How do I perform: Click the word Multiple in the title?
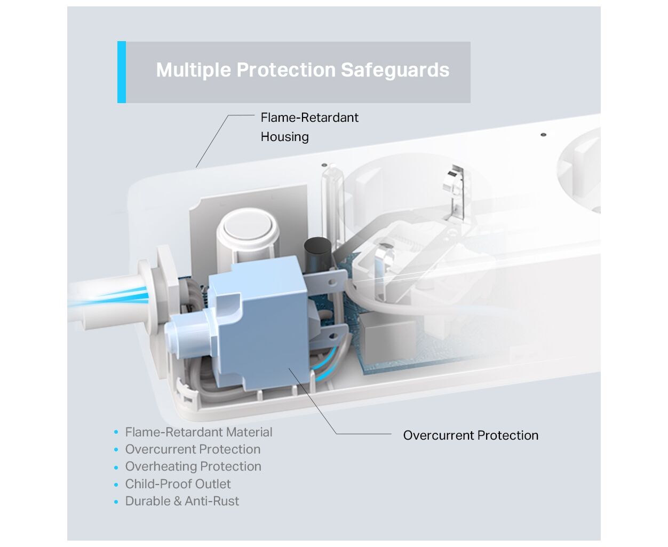pos(193,70)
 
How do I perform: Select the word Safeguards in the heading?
pos(395,70)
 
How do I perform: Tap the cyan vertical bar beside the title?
pos(122,72)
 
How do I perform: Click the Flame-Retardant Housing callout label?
pos(309,127)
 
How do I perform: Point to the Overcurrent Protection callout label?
pos(471,435)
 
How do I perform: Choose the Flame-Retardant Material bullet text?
pos(198,432)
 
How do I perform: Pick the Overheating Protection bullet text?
pos(193,466)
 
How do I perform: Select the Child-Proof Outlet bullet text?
pos(178,484)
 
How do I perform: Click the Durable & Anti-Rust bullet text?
pos(182,501)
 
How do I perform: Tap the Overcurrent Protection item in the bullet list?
pos(193,449)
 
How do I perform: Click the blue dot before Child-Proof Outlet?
pos(116,485)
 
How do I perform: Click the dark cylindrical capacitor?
pos(317,255)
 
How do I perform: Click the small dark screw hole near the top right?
pos(543,135)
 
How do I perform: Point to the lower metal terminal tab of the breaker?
pos(329,337)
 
